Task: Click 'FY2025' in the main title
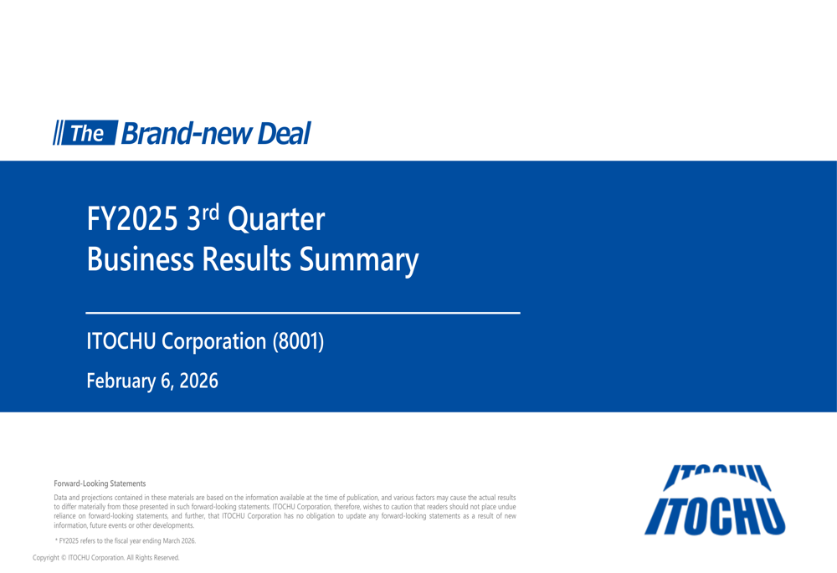pyautogui.click(x=132, y=220)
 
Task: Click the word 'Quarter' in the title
pyautogui.click(x=276, y=220)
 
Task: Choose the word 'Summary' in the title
pyautogui.click(x=359, y=261)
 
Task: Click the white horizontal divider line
pyautogui.click(x=303, y=313)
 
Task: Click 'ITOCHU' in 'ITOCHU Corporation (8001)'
pyautogui.click(x=121, y=341)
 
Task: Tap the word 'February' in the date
pyautogui.click(x=121, y=381)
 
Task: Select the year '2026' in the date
pyautogui.click(x=198, y=381)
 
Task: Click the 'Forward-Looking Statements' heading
pyautogui.click(x=100, y=483)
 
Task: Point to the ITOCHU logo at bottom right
pyautogui.click(x=714, y=499)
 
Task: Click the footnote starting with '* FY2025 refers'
pyautogui.click(x=126, y=541)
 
